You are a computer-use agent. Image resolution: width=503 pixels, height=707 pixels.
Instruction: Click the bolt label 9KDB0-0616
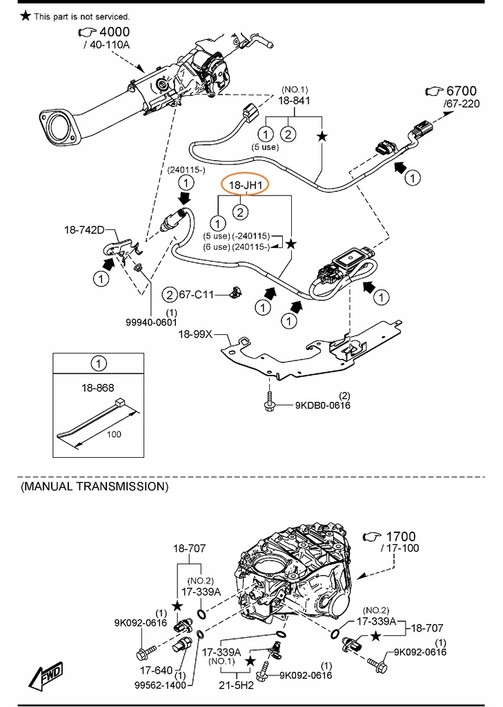323,405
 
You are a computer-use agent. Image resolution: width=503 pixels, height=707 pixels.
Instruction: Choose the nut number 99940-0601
151,322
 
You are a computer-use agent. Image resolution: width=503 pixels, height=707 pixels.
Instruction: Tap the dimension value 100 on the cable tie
115,434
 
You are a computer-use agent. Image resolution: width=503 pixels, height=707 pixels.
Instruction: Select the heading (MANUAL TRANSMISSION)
95,486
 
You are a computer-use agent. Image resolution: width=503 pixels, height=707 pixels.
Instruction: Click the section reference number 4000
115,32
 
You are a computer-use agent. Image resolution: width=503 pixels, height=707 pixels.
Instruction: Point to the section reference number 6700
461,91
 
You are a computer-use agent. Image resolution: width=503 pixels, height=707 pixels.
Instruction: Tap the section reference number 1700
401,536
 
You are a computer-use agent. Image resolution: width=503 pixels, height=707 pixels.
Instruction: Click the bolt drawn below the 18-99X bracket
268,403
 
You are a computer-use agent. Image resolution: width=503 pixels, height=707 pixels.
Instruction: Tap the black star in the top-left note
26,15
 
